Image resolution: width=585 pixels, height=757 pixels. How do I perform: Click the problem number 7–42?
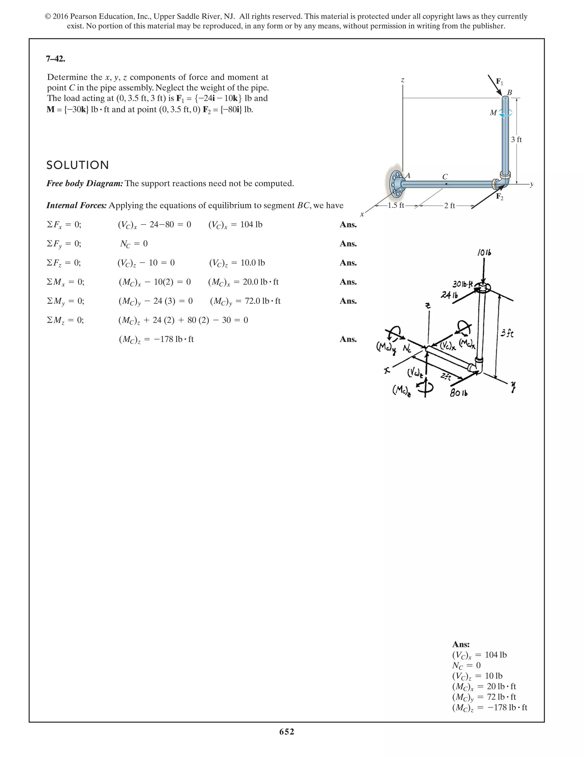[55, 59]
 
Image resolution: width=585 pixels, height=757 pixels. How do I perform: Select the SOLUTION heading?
[78, 165]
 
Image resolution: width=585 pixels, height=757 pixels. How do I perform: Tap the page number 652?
[287, 731]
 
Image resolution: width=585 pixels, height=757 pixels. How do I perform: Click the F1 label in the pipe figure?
[499, 82]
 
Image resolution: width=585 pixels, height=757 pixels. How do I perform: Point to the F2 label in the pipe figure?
[499, 197]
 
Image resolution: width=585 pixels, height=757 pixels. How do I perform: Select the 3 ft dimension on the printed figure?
[516, 140]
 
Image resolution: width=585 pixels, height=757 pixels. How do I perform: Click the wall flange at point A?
[394, 184]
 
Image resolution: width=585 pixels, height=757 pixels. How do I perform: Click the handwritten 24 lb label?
[449, 295]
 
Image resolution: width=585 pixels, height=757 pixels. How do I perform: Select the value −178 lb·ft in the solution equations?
[169, 339]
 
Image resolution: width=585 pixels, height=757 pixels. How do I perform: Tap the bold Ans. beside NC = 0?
[348, 244]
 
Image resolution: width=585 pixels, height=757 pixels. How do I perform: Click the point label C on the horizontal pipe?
[445, 177]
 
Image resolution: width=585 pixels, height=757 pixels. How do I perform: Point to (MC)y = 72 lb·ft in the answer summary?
[484, 697]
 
